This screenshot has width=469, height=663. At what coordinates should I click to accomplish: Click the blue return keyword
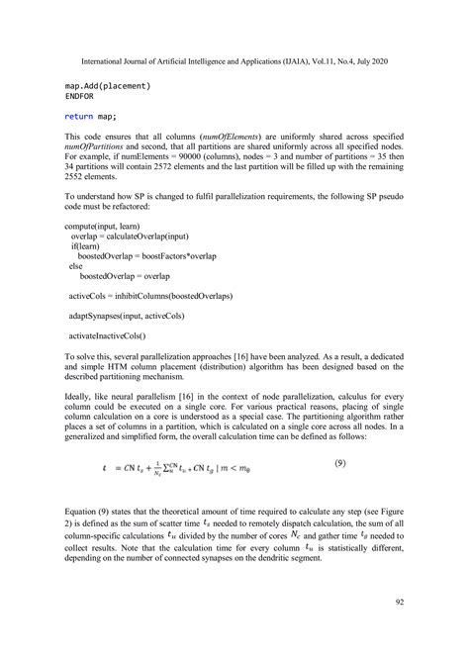click(x=82, y=119)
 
